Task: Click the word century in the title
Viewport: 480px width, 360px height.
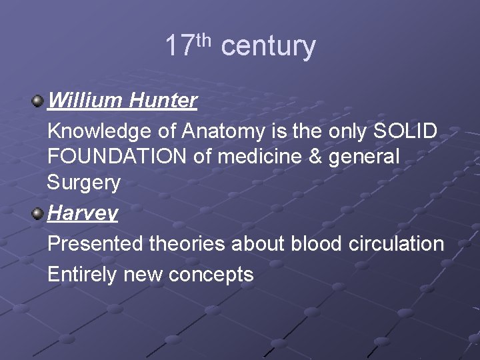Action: [268, 47]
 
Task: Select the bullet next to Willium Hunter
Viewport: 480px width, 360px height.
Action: [38, 101]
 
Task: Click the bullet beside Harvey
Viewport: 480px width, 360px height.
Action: [38, 213]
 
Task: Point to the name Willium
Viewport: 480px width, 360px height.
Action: [85, 101]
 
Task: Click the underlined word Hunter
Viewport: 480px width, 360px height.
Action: [163, 101]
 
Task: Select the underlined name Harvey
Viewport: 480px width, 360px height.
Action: [83, 213]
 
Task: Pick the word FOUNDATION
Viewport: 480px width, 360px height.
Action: [117, 157]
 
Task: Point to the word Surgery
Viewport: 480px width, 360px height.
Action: [84, 183]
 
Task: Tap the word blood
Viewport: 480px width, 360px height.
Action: [317, 244]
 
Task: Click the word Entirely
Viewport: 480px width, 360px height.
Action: [83, 274]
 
